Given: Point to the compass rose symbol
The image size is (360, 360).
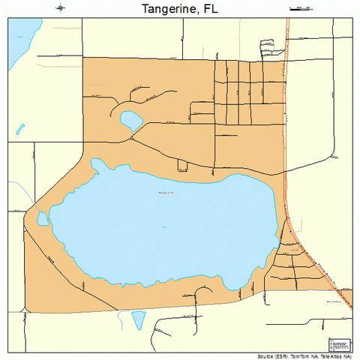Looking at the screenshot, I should pyautogui.click(x=60, y=8).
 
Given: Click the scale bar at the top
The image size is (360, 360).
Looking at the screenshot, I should pyautogui.click(x=300, y=8).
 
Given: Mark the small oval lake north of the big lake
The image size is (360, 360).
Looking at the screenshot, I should pyautogui.click(x=130, y=118).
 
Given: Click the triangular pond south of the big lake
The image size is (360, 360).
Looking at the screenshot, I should pyautogui.click(x=139, y=319).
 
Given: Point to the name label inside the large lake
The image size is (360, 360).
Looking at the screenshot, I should pyautogui.click(x=166, y=193).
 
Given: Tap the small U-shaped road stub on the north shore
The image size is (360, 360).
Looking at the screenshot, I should pyautogui.click(x=182, y=164).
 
